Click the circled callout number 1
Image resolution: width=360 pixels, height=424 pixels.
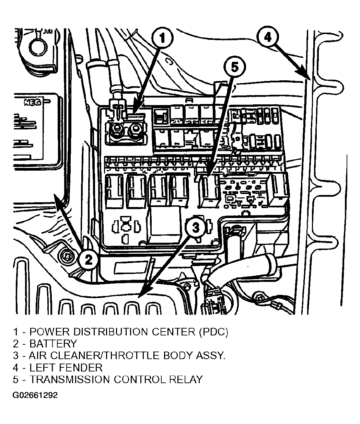(162, 38)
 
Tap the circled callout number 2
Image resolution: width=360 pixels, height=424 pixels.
(88, 260)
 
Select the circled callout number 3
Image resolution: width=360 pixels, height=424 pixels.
(195, 228)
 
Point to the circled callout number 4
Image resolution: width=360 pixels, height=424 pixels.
(268, 37)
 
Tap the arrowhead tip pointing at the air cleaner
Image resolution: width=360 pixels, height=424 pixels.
(138, 297)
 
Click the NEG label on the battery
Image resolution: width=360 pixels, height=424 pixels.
(33, 102)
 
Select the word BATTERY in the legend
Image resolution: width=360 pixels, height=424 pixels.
(53, 344)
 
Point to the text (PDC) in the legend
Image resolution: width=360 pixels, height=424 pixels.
(213, 332)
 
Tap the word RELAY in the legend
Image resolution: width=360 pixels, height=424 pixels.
(186, 379)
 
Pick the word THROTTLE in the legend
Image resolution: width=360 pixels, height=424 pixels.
(131, 355)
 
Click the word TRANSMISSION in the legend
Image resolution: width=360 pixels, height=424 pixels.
(70, 379)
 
